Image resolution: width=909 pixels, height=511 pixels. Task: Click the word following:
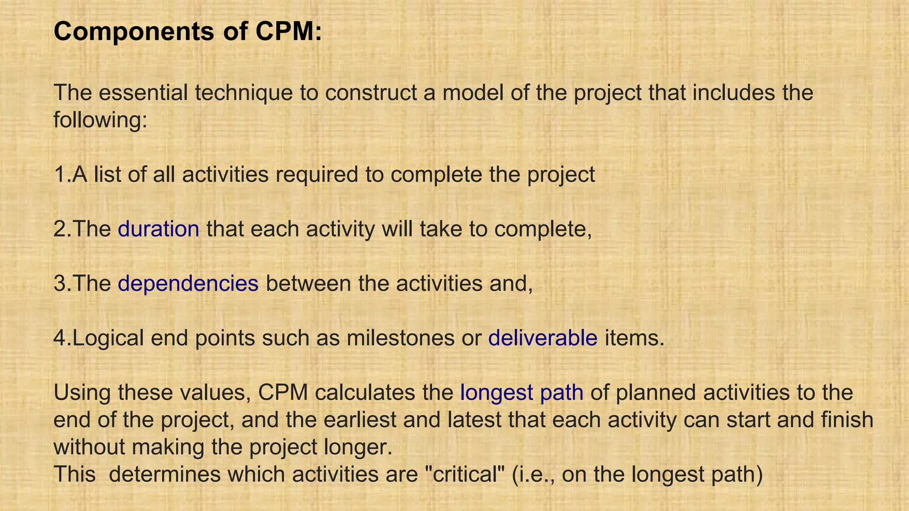pyautogui.click(x=100, y=120)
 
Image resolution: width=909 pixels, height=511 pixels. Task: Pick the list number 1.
pyautogui.click(x=60, y=174)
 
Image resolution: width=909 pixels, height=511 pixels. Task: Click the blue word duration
pyautogui.click(x=158, y=229)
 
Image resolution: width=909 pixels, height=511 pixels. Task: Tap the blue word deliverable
pyautogui.click(x=542, y=338)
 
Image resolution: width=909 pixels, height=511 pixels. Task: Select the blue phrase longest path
pyautogui.click(x=522, y=393)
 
